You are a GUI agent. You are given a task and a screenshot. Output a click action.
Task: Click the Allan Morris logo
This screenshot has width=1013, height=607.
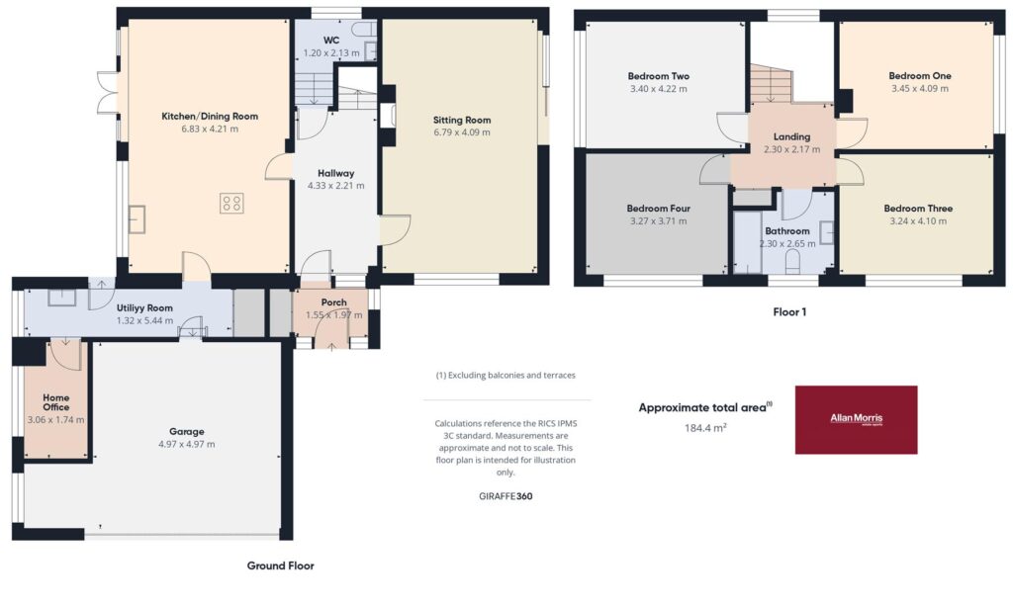point(856,420)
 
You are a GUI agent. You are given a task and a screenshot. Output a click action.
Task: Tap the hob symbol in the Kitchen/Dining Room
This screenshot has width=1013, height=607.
point(231,203)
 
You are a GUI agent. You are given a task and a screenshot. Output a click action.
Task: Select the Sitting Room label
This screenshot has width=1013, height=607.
point(462,120)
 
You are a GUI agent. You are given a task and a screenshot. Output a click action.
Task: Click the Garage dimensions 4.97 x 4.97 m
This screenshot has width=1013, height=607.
point(187,444)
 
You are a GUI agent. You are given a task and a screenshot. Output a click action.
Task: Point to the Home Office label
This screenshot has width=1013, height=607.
point(56,402)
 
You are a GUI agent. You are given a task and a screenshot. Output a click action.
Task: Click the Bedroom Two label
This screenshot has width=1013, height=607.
point(658,75)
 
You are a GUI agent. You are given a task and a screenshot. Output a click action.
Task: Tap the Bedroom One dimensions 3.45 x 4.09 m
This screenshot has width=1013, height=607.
point(920,88)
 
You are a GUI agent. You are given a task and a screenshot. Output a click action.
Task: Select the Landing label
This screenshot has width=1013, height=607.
point(792,136)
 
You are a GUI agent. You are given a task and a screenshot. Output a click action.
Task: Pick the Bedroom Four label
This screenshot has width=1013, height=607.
point(658,208)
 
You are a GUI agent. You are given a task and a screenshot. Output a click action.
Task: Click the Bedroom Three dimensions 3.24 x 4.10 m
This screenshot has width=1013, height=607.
point(918,220)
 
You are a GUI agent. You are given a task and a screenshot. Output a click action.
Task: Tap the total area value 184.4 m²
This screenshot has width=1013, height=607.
point(705,427)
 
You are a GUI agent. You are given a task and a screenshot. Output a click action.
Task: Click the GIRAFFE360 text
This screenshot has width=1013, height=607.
point(506,496)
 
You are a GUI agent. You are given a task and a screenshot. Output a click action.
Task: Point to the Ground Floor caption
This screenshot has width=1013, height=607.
point(280,565)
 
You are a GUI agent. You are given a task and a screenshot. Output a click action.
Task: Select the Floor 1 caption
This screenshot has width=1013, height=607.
point(789,311)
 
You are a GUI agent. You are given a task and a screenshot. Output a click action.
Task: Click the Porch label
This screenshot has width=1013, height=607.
point(334,303)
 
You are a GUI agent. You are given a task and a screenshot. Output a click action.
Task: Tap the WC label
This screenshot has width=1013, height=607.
point(331,40)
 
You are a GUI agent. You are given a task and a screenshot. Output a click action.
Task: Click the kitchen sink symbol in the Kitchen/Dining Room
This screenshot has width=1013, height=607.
point(137,218)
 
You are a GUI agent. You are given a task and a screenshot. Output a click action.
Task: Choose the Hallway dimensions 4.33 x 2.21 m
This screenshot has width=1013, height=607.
point(336,185)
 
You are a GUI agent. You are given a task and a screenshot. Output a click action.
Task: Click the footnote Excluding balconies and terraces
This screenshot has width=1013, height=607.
point(506,376)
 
